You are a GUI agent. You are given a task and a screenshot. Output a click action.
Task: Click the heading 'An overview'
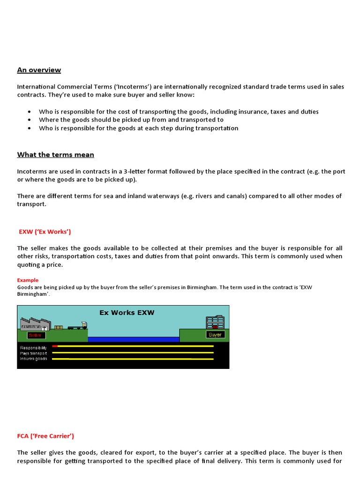click(x=39, y=70)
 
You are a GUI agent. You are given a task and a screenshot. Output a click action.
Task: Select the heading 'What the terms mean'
click(x=55, y=155)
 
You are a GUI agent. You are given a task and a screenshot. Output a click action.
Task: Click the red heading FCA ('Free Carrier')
click(x=45, y=436)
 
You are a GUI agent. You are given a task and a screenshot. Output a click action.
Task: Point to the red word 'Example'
click(x=28, y=280)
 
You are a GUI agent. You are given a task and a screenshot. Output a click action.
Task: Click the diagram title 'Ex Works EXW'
click(x=127, y=313)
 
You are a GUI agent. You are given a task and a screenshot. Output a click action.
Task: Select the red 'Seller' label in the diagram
click(x=35, y=335)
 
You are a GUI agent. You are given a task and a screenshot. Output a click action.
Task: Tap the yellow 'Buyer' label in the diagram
click(x=215, y=335)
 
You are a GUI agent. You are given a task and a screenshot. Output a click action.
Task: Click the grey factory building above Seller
click(x=35, y=323)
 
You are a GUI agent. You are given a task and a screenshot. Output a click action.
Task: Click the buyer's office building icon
click(x=215, y=322)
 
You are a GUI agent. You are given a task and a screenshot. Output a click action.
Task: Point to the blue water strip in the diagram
click(x=133, y=339)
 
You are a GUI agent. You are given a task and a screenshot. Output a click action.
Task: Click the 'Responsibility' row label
click(x=33, y=347)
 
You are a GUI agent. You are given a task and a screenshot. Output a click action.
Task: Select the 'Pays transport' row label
click(x=34, y=353)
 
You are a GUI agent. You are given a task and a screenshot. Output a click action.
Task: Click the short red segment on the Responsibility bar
click(x=55, y=346)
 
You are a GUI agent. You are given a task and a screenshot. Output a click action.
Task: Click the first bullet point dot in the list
click(x=30, y=112)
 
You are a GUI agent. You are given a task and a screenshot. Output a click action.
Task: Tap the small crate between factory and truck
click(x=59, y=327)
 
